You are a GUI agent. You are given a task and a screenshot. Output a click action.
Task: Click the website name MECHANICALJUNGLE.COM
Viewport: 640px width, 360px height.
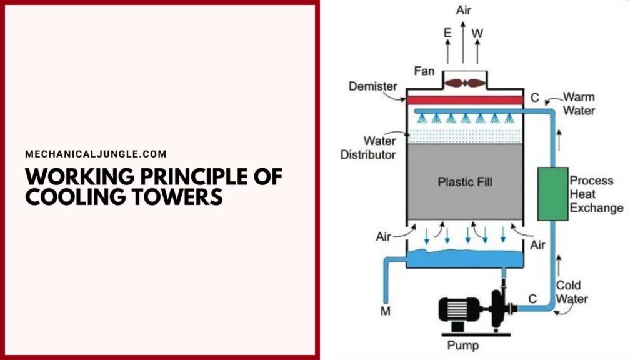[96, 154]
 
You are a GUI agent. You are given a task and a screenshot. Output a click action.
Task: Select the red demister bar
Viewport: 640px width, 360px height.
[465, 100]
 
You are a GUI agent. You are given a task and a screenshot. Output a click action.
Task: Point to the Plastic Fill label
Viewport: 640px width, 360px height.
[464, 182]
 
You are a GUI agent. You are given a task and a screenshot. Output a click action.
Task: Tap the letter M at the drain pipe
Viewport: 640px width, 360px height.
[386, 311]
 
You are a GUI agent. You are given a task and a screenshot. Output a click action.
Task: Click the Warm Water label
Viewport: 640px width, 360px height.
[579, 104]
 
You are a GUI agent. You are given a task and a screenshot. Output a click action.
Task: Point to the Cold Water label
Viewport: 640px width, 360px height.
[572, 292]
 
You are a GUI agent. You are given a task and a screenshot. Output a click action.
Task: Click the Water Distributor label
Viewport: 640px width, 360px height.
[369, 147]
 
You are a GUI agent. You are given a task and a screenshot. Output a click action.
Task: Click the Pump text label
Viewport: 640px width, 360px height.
[464, 345]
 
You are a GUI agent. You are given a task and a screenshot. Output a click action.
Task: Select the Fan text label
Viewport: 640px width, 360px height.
[424, 71]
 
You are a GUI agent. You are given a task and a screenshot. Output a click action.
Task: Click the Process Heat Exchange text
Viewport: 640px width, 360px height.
[596, 194]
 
